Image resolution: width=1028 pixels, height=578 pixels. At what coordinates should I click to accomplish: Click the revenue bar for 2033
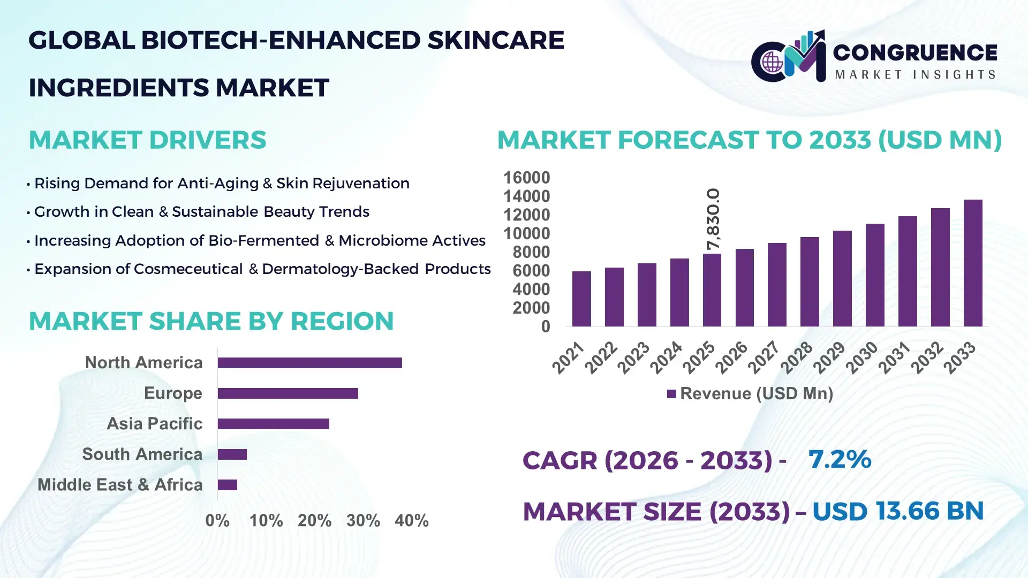[x=973, y=263]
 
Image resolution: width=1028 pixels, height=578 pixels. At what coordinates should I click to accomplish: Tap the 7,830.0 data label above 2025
[x=713, y=219]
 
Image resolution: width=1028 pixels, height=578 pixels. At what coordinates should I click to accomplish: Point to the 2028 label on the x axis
[x=797, y=358]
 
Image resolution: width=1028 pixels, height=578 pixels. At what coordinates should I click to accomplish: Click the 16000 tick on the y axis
[x=526, y=178]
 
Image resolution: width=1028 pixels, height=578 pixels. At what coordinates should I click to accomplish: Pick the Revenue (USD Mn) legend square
[x=671, y=394]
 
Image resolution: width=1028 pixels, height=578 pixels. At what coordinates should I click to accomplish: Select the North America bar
[x=309, y=363]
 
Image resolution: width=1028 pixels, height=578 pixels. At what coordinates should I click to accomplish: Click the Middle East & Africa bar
[x=227, y=485]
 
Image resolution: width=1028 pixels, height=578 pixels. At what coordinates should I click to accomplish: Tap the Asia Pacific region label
[x=154, y=423]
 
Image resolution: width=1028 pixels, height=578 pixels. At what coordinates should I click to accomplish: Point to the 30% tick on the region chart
[x=363, y=520]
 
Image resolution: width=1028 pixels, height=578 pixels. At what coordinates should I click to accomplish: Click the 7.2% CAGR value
[x=840, y=459]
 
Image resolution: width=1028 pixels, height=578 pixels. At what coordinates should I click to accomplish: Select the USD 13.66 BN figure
[x=898, y=511]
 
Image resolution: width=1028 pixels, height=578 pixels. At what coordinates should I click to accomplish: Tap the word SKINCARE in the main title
[x=496, y=41]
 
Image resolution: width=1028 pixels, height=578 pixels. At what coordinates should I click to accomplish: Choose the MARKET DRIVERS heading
[x=147, y=140]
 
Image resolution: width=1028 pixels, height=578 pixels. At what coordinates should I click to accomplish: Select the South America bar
[x=232, y=454]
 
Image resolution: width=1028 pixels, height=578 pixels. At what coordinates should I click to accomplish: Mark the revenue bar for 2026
[x=744, y=287]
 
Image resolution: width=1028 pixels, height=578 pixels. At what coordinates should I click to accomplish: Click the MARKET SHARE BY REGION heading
[x=211, y=321]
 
